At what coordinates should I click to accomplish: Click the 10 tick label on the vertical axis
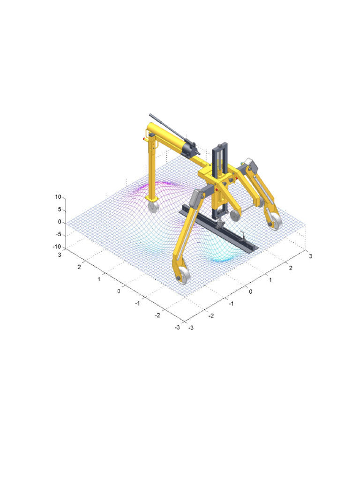pyautogui.click(x=58, y=197)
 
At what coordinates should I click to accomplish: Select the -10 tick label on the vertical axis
pyautogui.click(x=57, y=247)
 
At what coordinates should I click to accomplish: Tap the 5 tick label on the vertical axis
pyautogui.click(x=60, y=210)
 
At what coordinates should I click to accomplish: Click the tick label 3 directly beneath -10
pyautogui.click(x=60, y=255)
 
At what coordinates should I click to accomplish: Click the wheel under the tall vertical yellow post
pyautogui.click(x=154, y=207)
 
